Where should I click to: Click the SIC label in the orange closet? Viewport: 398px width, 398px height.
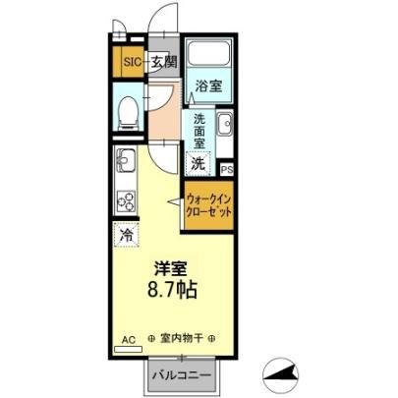[133, 62]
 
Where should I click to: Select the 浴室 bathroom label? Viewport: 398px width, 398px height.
[208, 85]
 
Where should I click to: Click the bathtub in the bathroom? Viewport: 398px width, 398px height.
[208, 53]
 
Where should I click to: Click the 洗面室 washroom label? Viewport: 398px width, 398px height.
[199, 131]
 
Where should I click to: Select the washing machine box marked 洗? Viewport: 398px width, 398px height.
[199, 163]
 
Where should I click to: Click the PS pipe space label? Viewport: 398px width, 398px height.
[227, 170]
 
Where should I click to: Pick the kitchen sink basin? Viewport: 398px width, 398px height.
[125, 160]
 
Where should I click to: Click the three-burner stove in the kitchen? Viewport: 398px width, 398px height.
[126, 201]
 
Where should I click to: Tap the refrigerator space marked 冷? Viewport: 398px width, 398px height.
[126, 235]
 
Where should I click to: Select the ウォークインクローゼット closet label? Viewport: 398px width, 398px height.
[208, 205]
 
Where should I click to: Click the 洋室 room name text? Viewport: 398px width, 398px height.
[171, 268]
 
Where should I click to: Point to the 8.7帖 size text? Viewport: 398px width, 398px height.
[172, 290]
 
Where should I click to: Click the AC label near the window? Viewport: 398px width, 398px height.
[129, 340]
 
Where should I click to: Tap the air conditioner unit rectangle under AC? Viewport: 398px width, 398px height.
[128, 349]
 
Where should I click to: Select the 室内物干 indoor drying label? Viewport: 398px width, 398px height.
[181, 338]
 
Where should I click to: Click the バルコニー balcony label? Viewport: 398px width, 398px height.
[181, 375]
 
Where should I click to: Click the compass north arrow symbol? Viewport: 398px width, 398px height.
[281, 375]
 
